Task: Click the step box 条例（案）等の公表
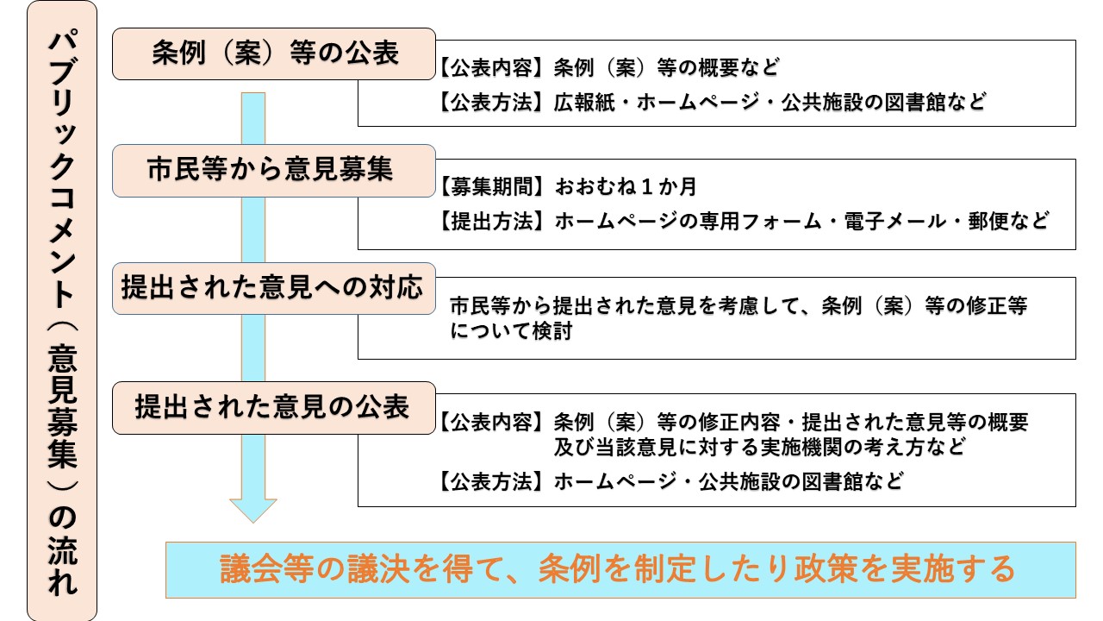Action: (274, 54)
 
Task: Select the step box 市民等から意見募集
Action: (274, 171)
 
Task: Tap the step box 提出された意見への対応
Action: (274, 288)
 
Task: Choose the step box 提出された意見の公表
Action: (274, 407)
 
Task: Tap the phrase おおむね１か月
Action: (626, 186)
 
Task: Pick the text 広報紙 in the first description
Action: (583, 102)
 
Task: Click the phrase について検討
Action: (511, 331)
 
